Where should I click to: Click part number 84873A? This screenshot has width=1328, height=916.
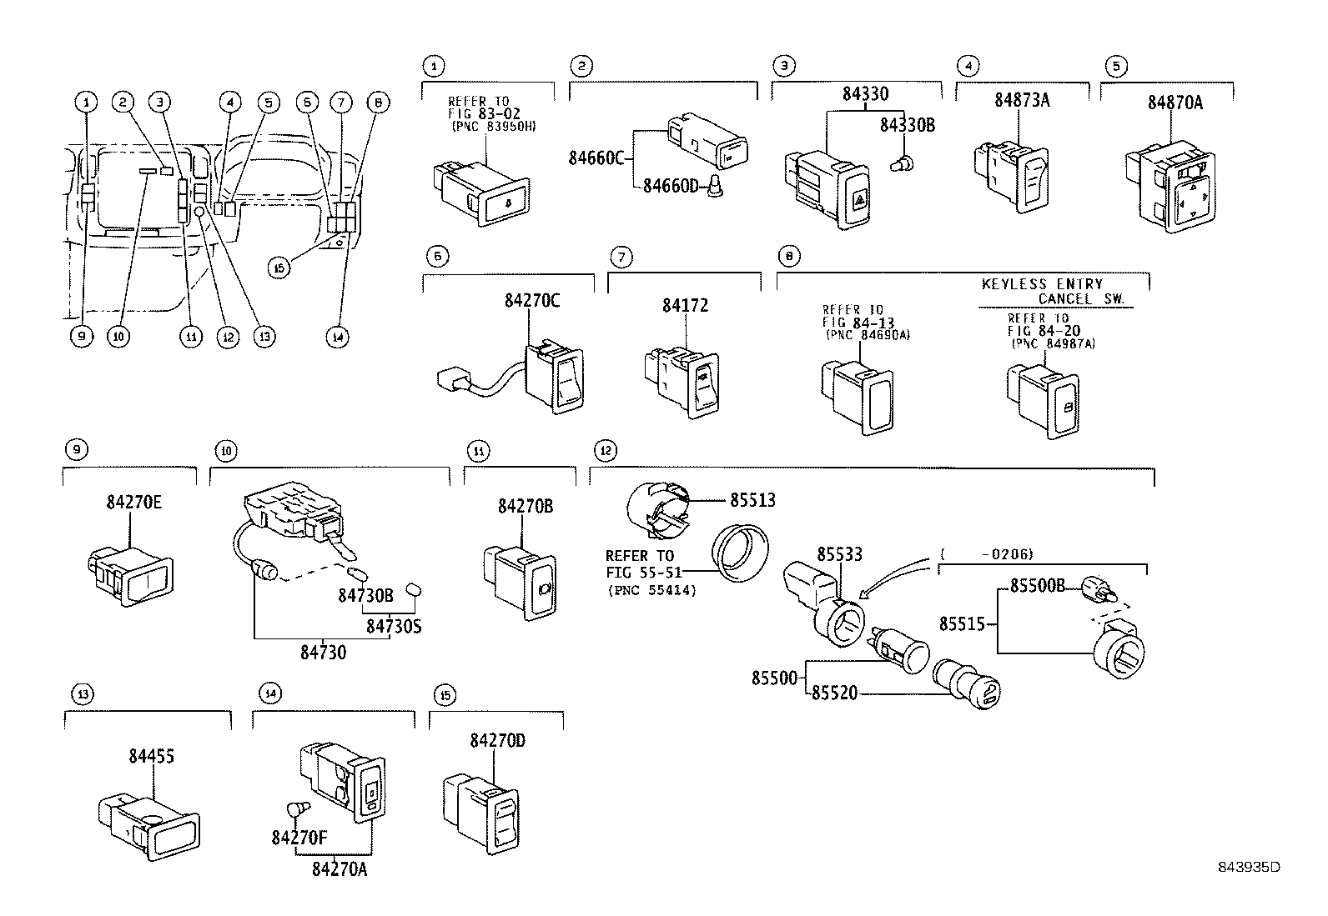[x=1021, y=101]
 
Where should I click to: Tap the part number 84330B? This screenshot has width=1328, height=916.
[x=908, y=125]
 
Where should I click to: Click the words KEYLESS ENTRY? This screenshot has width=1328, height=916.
[x=1042, y=284]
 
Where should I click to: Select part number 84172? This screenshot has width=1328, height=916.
[x=685, y=306]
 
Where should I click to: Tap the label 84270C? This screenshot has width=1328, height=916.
[x=531, y=302]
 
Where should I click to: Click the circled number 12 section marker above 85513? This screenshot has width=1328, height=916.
[x=606, y=451]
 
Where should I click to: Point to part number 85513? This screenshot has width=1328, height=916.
[x=752, y=500]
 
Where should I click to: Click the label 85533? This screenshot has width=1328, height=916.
[x=839, y=554]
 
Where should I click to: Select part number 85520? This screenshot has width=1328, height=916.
[x=835, y=693]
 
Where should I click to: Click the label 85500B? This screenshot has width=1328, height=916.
[x=1037, y=586]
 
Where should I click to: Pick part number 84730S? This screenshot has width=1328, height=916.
[x=393, y=625]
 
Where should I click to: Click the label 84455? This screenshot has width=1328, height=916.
[x=151, y=757]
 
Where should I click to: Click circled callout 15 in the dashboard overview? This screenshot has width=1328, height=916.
[x=280, y=267]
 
